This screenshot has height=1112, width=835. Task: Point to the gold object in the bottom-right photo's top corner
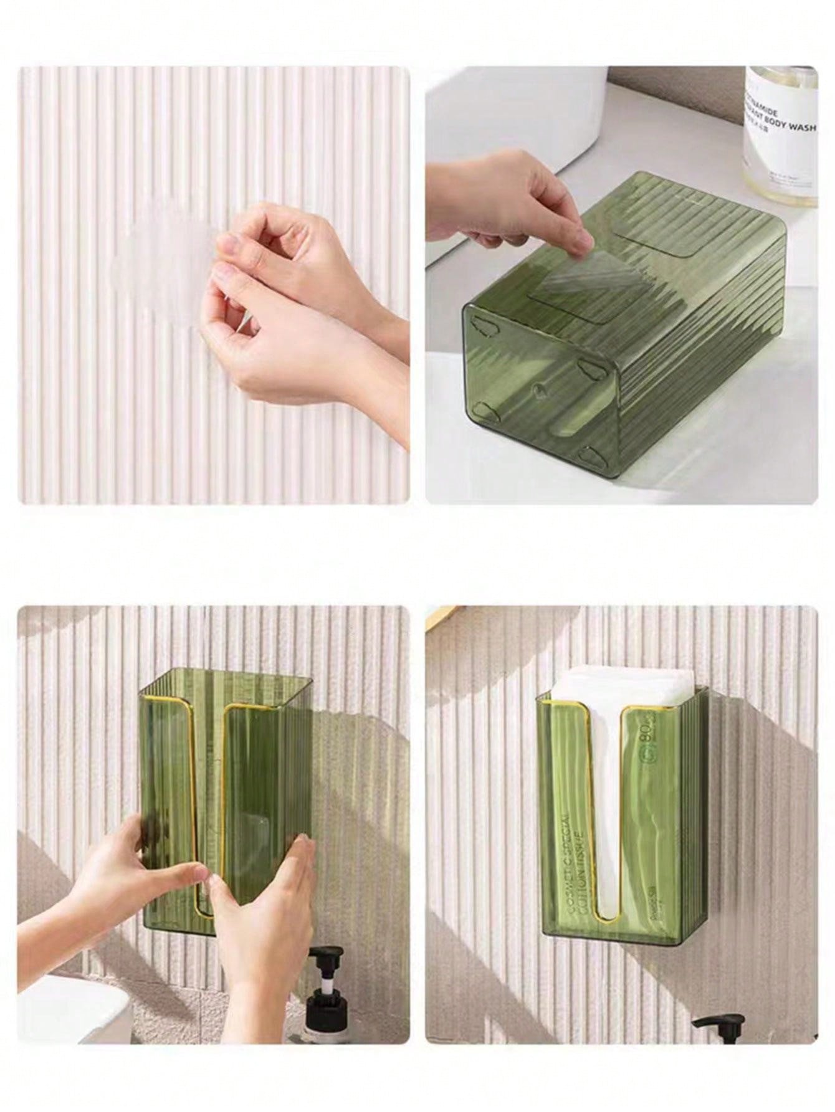coord(446,614)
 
